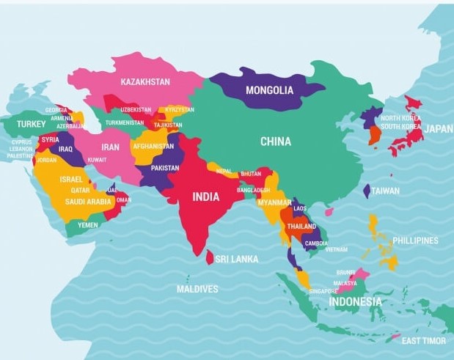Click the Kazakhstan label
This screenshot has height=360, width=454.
click(145, 81)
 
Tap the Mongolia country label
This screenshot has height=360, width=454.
click(269, 91)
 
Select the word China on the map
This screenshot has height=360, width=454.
click(275, 142)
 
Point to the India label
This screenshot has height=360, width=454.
click(205, 196)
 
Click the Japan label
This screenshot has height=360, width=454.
click(439, 128)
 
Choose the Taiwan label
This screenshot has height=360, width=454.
click(385, 191)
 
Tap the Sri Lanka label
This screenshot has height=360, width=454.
click(236, 259)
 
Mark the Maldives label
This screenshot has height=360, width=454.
click(197, 289)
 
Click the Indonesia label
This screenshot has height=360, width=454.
click(355, 301)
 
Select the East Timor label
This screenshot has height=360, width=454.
click(424, 341)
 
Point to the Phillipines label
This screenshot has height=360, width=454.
click(415, 240)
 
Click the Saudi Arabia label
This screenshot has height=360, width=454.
click(89, 202)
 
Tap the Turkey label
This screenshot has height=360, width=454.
click(32, 124)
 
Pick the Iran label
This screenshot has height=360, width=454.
click(110, 147)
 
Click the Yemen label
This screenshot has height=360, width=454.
click(88, 225)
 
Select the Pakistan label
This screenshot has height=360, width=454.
click(165, 168)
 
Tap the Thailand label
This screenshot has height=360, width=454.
click(301, 227)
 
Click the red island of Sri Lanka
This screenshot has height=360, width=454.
click(210, 258)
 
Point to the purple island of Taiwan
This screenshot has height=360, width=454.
click(367, 191)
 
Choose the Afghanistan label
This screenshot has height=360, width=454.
click(154, 146)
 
